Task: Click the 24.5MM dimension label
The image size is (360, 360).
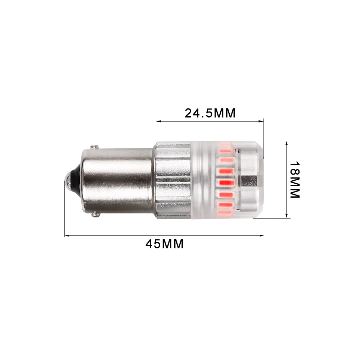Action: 210,113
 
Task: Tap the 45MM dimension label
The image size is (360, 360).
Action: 165,244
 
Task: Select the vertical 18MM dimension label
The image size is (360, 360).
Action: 294,179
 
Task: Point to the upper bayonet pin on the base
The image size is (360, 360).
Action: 94,147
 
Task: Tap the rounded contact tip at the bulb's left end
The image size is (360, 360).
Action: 68,180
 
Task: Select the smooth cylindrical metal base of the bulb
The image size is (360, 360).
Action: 115,180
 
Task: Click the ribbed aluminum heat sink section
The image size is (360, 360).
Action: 173,180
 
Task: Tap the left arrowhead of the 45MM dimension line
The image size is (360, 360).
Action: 67,236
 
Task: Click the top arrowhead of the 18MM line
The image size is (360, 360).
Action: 287,143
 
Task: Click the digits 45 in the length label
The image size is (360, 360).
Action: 153,244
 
